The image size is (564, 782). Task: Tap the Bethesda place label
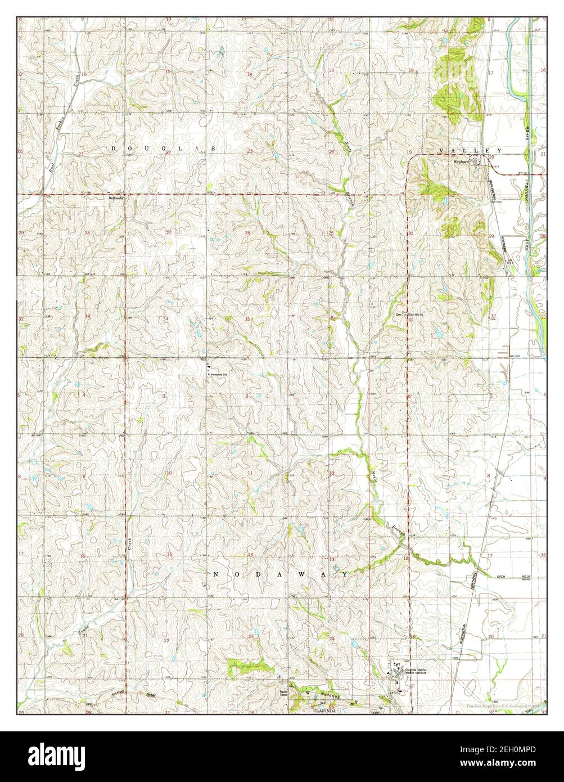click(x=116, y=199)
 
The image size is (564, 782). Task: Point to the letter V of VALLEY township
click(x=441, y=151)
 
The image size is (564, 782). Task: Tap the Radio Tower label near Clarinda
click(x=284, y=693)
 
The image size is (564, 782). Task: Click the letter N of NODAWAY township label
click(x=216, y=574)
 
